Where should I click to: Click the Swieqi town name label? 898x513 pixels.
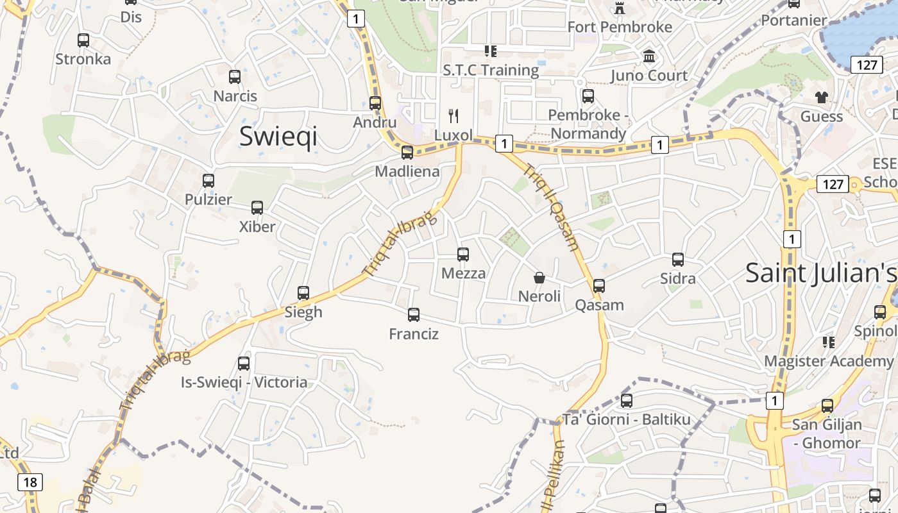coord(278,137)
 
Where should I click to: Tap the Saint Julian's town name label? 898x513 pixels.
coord(820,273)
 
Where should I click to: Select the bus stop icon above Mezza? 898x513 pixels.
coord(463,255)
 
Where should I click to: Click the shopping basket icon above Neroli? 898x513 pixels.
coord(539,278)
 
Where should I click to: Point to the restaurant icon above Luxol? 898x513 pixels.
coord(453,116)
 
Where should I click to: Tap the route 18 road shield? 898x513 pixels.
coord(30,482)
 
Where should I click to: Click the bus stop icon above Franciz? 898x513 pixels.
coord(414,315)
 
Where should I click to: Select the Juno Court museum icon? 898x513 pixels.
coord(649,56)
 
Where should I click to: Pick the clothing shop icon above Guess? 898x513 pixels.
coord(822,97)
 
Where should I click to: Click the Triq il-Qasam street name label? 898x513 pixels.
coord(552,208)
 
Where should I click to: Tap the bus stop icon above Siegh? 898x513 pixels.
coord(303,293)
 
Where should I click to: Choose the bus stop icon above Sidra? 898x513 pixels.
coord(678,260)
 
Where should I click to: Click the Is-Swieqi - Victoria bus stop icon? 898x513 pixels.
coord(244,364)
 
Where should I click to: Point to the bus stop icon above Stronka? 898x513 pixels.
coord(83,40)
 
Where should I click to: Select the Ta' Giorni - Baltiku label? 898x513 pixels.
coord(626,420)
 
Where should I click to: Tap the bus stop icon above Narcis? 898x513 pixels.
coord(235,77)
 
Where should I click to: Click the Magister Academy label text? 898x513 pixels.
coord(828,361)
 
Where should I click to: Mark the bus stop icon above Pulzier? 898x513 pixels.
coord(208,181)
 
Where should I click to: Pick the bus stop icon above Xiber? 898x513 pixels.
coord(257,208)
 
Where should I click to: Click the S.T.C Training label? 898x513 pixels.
coord(491,70)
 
